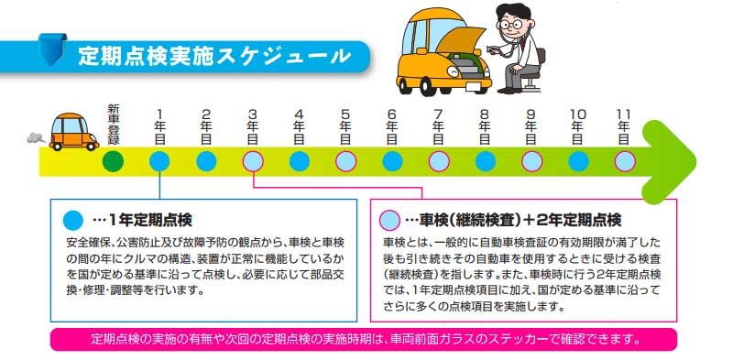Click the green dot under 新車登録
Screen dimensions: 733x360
[x=113, y=162]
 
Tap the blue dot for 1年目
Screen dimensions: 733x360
[x=159, y=162]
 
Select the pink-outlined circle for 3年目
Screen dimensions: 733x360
[x=253, y=162]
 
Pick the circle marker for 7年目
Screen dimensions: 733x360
[x=439, y=162]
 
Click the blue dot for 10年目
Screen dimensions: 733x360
[x=578, y=162]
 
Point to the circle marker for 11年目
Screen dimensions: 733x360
[x=625, y=162]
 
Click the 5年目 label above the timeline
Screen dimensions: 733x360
[x=345, y=125]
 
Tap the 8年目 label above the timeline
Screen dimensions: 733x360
[x=485, y=125]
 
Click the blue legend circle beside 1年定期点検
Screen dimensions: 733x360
[x=73, y=221]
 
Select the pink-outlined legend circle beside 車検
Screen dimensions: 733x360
[x=389, y=221]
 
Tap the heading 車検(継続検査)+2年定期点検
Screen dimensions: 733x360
[x=513, y=221]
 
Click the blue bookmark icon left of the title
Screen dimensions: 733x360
[x=54, y=48]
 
